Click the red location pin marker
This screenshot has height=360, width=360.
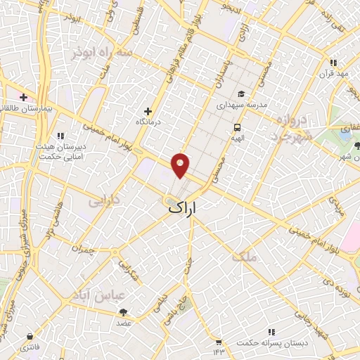(181, 165)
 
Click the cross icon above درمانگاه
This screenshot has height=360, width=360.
(148, 110)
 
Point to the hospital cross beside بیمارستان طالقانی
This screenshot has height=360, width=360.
(24, 97)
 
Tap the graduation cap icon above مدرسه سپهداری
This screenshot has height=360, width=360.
(242, 94)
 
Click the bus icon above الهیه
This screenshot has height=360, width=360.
(238, 128)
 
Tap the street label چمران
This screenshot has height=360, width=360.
(82, 249)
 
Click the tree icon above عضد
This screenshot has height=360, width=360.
(124, 311)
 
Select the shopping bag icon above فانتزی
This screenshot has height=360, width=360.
(30, 337)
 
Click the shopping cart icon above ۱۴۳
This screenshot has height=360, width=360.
(219, 340)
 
